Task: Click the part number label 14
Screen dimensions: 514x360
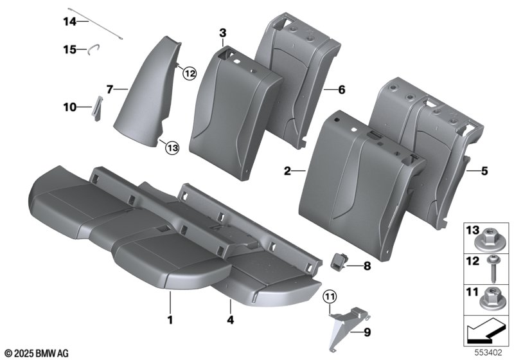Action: pyautogui.click(x=69, y=22)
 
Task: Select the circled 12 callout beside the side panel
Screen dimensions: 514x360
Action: pyautogui.click(x=190, y=73)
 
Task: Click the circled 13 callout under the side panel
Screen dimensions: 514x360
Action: pyautogui.click(x=172, y=148)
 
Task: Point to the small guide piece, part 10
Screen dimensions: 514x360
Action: pyautogui.click(x=98, y=108)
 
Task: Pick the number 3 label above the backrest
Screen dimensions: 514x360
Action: pyautogui.click(x=222, y=33)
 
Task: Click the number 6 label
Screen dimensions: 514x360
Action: pyautogui.click(x=342, y=89)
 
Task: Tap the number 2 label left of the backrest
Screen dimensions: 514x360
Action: pyautogui.click(x=287, y=171)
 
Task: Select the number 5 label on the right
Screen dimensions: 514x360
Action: pyautogui.click(x=484, y=171)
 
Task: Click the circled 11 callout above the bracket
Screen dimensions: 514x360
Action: pyautogui.click(x=330, y=297)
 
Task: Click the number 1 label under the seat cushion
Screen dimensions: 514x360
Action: pyautogui.click(x=170, y=319)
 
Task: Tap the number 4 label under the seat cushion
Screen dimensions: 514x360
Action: pyautogui.click(x=231, y=319)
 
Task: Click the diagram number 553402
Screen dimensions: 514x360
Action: pyautogui.click(x=488, y=353)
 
